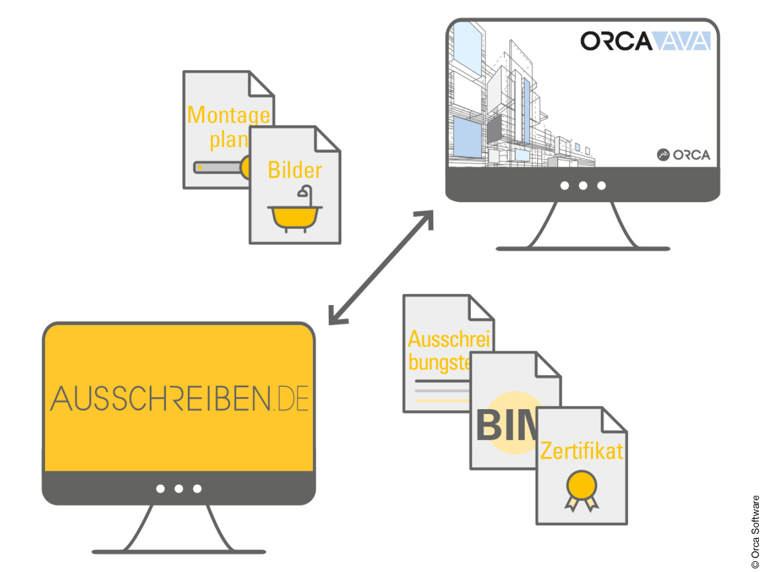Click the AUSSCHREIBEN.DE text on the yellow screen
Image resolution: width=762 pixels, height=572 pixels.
coord(180,398)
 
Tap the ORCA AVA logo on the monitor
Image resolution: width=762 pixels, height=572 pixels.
coord(646,41)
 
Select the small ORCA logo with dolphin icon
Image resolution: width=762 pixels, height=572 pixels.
coord(684,155)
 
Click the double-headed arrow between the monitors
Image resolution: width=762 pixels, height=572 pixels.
coord(382,267)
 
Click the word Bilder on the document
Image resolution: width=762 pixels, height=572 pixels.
coord(295,171)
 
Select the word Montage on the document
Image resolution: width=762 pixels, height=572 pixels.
coord(229,115)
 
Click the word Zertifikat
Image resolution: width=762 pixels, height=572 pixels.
coord(581,451)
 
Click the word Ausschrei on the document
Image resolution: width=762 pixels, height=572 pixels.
coord(448,339)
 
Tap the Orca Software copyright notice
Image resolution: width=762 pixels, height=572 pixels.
coord(755,532)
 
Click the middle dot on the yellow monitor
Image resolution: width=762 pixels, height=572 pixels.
coord(179,489)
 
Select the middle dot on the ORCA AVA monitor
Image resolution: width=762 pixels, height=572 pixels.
coord(583,186)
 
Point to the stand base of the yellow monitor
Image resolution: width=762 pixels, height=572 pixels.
coord(179,552)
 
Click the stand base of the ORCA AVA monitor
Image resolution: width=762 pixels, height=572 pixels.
coord(582,249)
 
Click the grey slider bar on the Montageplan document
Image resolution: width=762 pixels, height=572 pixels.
coord(218,167)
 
